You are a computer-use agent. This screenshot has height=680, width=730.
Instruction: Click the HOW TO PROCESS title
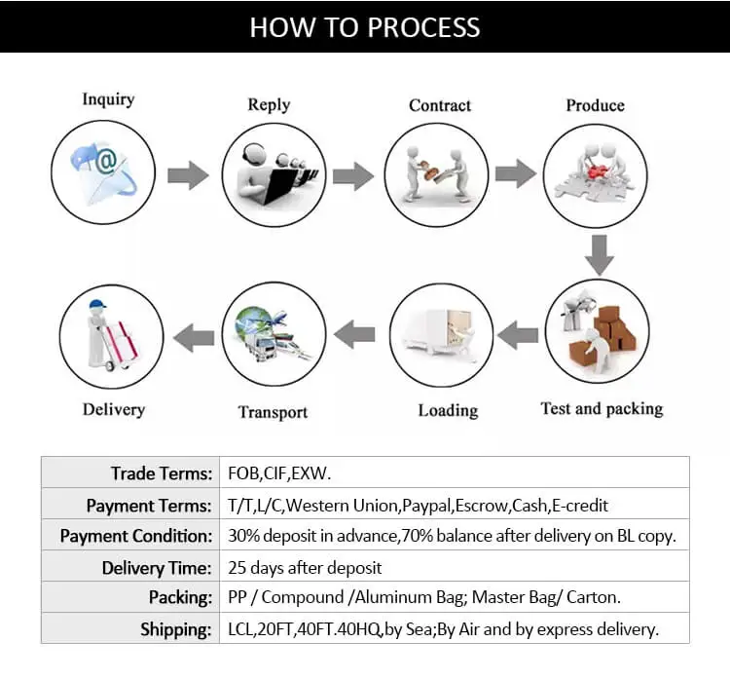point(365,26)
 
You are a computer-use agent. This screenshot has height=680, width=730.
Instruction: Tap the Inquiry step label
point(108,99)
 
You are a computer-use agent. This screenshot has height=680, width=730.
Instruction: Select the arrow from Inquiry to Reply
point(188,176)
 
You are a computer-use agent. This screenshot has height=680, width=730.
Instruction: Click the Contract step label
point(440,105)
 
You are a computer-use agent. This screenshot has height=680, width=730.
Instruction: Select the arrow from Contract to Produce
point(515,174)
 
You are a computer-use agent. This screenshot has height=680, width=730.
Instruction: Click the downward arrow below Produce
point(600,254)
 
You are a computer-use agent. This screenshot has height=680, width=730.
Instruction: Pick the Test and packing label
point(602,408)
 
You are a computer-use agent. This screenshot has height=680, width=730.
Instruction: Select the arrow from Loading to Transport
point(355,335)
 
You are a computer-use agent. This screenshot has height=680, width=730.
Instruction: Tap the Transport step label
point(273,412)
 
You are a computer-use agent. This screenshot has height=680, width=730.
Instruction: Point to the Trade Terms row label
point(161,473)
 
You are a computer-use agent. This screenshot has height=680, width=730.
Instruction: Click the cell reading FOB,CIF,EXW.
point(279,473)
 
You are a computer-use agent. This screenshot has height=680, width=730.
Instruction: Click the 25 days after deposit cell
point(305,567)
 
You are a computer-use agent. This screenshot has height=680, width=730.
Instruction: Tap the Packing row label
point(180,597)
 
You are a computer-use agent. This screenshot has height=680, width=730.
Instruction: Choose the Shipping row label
point(175,628)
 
